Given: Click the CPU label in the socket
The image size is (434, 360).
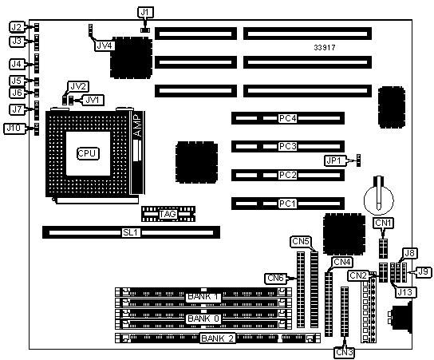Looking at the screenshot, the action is click(x=88, y=153).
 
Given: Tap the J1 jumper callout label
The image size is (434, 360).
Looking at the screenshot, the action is click(x=145, y=12).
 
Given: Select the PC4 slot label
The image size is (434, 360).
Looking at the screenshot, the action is click(x=287, y=118).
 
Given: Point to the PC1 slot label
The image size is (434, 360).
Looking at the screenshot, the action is click(x=287, y=204).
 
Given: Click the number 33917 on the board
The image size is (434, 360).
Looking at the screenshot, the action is click(x=325, y=48).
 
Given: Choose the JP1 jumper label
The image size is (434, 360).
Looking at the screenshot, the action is click(x=334, y=160).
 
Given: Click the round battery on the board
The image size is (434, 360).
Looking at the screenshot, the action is click(x=379, y=200).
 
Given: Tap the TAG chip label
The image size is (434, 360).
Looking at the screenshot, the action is click(x=168, y=214).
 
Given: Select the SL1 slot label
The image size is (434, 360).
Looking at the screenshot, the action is click(x=131, y=232).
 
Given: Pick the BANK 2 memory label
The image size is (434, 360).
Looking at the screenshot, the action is click(x=218, y=338).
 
